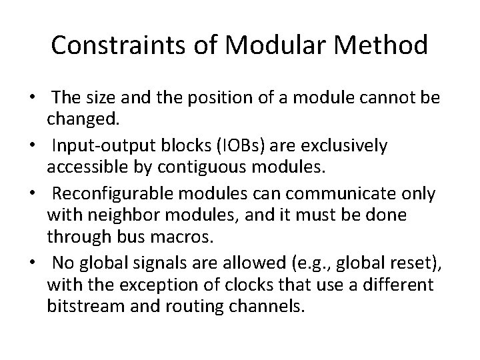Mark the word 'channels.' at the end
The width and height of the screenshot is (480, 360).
[273, 308]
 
